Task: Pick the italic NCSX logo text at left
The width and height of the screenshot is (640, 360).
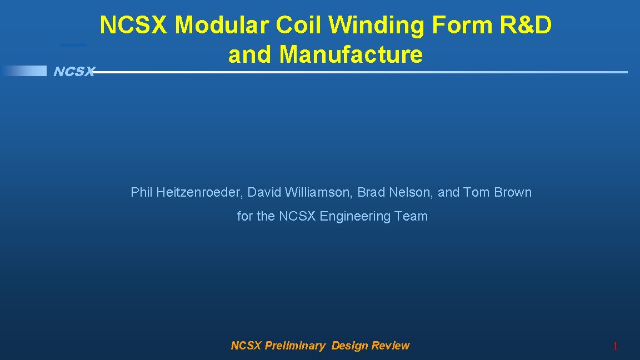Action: point(74,72)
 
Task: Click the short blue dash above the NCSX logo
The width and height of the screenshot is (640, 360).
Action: point(73,44)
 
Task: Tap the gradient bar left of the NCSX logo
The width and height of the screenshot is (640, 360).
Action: point(24,71)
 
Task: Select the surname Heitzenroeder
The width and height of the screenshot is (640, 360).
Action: point(200,193)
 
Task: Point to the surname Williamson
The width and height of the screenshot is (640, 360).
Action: point(318,193)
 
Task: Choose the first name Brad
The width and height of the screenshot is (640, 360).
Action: point(370,193)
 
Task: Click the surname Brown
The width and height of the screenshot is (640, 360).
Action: point(513,193)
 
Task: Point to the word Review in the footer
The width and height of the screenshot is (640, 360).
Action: point(391,346)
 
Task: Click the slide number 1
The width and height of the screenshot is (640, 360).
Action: point(615,347)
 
